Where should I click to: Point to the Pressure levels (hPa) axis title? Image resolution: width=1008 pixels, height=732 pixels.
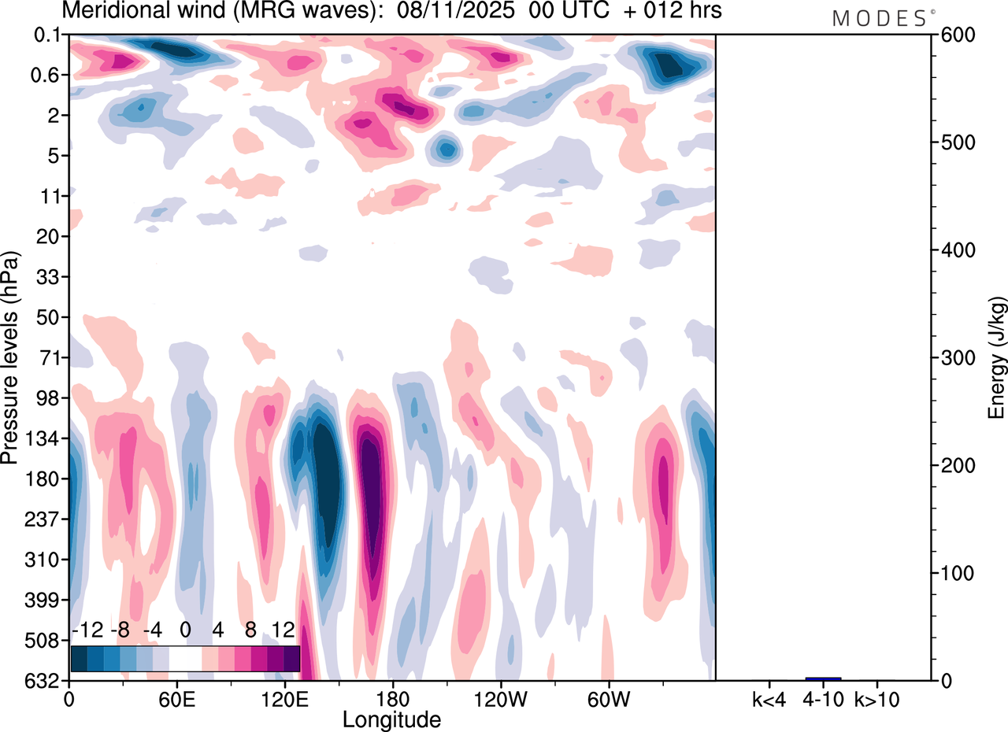10,358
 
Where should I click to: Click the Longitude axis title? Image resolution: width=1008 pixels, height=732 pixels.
391,719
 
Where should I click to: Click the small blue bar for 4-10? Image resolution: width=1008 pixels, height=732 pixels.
823,678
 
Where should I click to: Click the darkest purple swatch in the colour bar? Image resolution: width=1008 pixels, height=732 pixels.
291,658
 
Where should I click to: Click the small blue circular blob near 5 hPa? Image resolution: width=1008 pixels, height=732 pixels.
446,148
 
